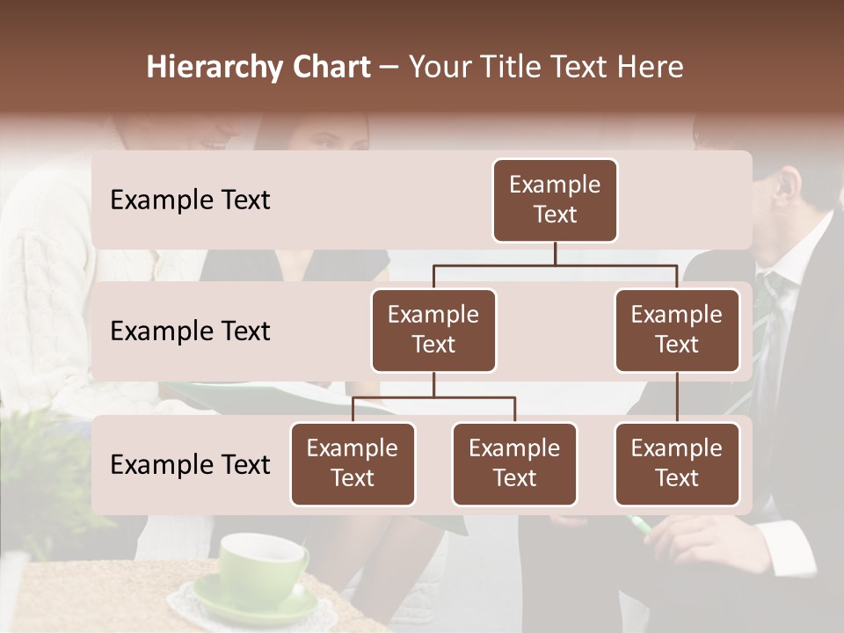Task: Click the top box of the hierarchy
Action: point(555,200)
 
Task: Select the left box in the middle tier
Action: point(433,331)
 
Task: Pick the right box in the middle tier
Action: point(677,331)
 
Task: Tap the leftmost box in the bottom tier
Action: point(353,464)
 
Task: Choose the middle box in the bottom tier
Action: point(514,464)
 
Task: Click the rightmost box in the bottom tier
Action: point(677,464)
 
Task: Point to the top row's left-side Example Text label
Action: point(190,200)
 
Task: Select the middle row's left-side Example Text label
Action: point(190,331)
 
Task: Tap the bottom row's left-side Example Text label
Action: point(190,465)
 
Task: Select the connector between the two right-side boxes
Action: point(677,397)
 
